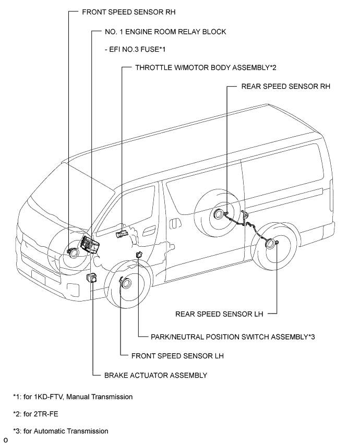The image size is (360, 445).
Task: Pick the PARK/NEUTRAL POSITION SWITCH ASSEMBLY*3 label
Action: pos(233,336)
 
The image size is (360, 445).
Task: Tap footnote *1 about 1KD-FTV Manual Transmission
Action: pos(73,397)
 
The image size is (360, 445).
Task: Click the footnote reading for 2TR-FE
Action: pos(39,414)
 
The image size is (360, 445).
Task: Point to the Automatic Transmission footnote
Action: pos(61,431)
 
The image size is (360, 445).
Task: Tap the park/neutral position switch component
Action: pos(139,254)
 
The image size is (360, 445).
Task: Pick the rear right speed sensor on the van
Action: pos(218,213)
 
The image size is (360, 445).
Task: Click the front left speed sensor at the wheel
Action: pos(126,283)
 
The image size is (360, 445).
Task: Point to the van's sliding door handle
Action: pos(150,230)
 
